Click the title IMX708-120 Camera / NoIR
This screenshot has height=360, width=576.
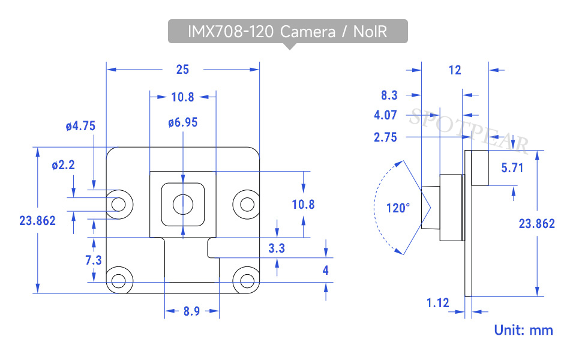pyautogui.click(x=287, y=32)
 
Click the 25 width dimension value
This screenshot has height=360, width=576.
pyautogui.click(x=182, y=70)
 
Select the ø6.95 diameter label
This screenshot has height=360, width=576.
pyautogui.click(x=182, y=122)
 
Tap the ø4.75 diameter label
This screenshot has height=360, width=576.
pyautogui.click(x=80, y=126)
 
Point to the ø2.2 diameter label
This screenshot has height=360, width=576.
pyautogui.click(x=63, y=165)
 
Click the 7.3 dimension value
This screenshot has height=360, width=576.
pyautogui.click(x=94, y=260)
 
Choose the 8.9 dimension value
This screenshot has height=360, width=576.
pyautogui.click(x=192, y=311)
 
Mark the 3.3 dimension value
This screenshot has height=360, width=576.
pyautogui.click(x=277, y=248)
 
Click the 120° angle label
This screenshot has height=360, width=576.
pyautogui.click(x=398, y=208)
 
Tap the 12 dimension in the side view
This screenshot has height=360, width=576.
pyautogui.click(x=455, y=70)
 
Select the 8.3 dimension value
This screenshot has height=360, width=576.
pyautogui.click(x=389, y=95)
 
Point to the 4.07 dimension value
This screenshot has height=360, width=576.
pyautogui.click(x=385, y=115)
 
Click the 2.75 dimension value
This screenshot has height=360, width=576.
pyautogui.click(x=385, y=137)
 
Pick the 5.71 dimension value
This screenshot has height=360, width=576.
pyautogui.click(x=512, y=168)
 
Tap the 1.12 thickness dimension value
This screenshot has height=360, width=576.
pyautogui.click(x=437, y=303)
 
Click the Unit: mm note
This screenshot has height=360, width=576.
pyautogui.click(x=523, y=330)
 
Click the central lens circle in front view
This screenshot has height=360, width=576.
pyautogui.click(x=183, y=204)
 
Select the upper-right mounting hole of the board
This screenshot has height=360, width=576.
pyautogui.click(x=247, y=204)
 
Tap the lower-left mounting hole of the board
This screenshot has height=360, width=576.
pyautogui.click(x=119, y=281)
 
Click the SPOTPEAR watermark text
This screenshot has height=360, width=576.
pyautogui.click(x=469, y=131)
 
